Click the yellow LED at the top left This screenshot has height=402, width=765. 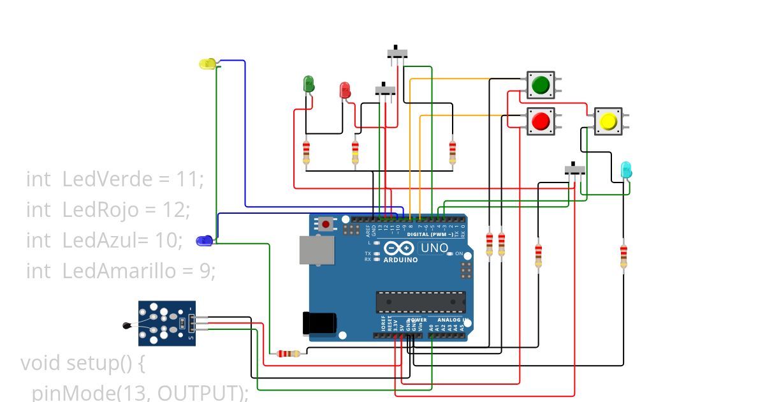(208, 64)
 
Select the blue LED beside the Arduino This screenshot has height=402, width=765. (204, 241)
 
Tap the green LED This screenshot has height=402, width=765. (309, 84)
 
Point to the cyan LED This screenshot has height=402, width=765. (626, 170)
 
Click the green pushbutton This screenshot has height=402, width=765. (541, 84)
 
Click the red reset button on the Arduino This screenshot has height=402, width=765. (326, 224)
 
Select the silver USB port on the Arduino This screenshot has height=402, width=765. (316, 249)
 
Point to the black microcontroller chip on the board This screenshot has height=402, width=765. (420, 302)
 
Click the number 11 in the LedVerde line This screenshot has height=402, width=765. (189, 180)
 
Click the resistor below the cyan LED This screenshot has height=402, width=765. (623, 257)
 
